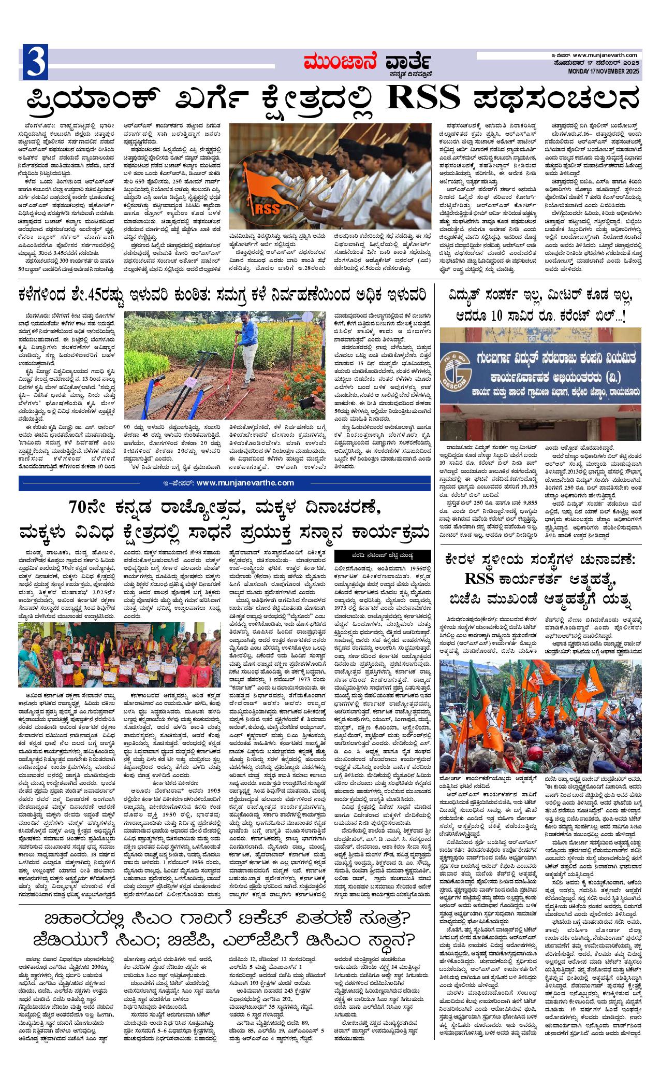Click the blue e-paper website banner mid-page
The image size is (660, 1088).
tap(225, 483)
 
